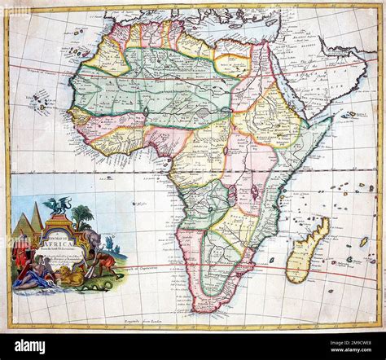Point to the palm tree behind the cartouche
click(x=81, y=216)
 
